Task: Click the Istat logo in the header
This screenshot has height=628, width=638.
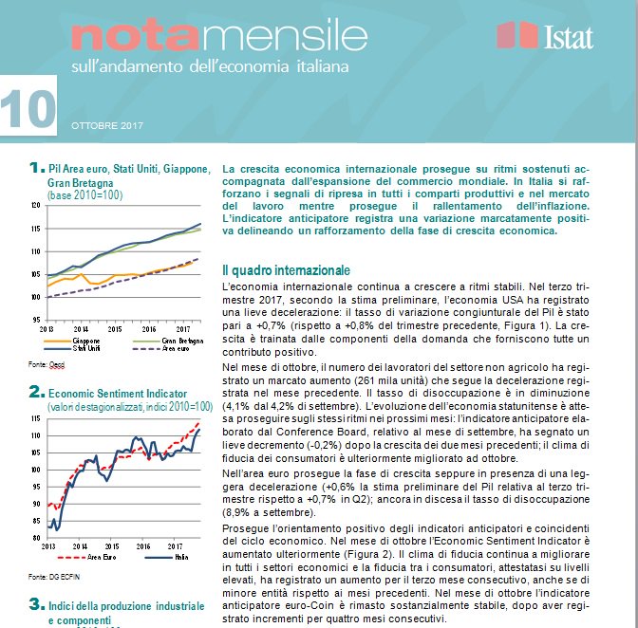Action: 545,36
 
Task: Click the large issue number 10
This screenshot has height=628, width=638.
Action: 28,111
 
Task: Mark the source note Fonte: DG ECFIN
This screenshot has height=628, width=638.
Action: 48,576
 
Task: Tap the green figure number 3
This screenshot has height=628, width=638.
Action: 35,603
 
